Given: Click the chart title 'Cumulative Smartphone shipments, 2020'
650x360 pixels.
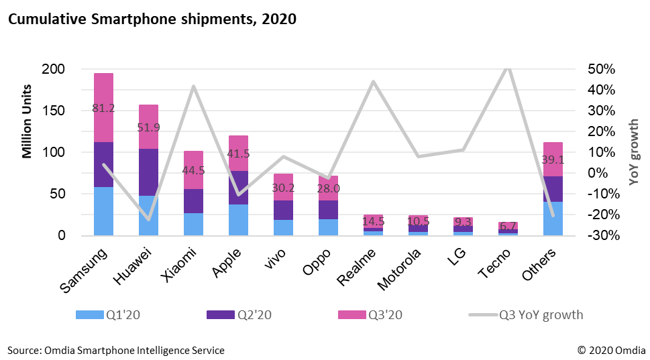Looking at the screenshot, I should pyautogui.click(x=152, y=19).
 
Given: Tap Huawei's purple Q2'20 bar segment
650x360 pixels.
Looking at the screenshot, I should pyautogui.click(x=148, y=172).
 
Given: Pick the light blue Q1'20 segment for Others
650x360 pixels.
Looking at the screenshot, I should pyautogui.click(x=553, y=219).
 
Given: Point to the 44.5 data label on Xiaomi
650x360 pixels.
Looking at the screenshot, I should pyautogui.click(x=193, y=170).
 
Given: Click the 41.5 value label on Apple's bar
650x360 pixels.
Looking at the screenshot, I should pyautogui.click(x=238, y=154).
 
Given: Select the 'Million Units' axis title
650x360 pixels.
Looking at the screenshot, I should pyautogui.click(x=28, y=121).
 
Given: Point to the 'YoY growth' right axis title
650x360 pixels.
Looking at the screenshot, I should pyautogui.click(x=634, y=151).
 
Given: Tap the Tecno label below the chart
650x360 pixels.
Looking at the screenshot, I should pyautogui.click(x=495, y=265).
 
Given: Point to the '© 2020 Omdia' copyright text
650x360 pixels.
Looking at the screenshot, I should pyautogui.click(x=609, y=350).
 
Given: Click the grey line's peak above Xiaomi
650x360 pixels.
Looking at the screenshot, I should pyautogui.click(x=193, y=86).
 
